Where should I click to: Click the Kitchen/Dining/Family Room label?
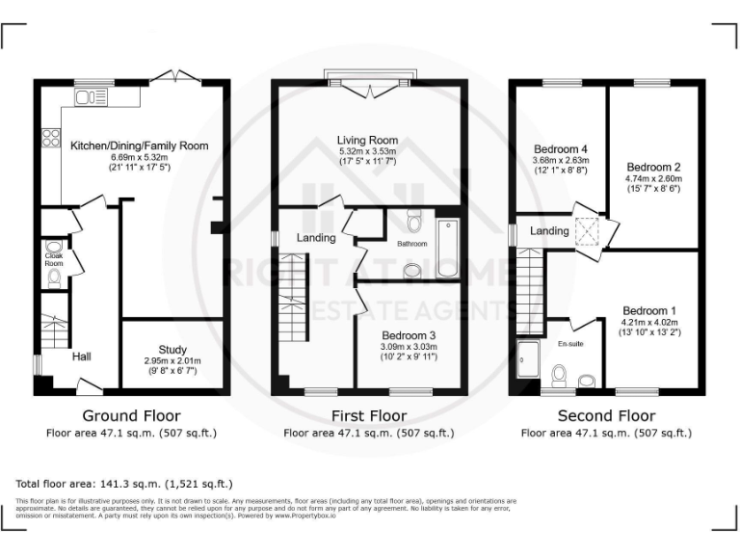139,146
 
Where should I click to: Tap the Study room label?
173,350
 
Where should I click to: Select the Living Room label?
367,140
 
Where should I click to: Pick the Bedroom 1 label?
648,310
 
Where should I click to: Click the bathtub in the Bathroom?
447,250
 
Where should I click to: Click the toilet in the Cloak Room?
53,278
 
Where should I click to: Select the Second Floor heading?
605,416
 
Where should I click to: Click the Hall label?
81,357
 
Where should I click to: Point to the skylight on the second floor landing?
586,231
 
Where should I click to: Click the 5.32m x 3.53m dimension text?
367,151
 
